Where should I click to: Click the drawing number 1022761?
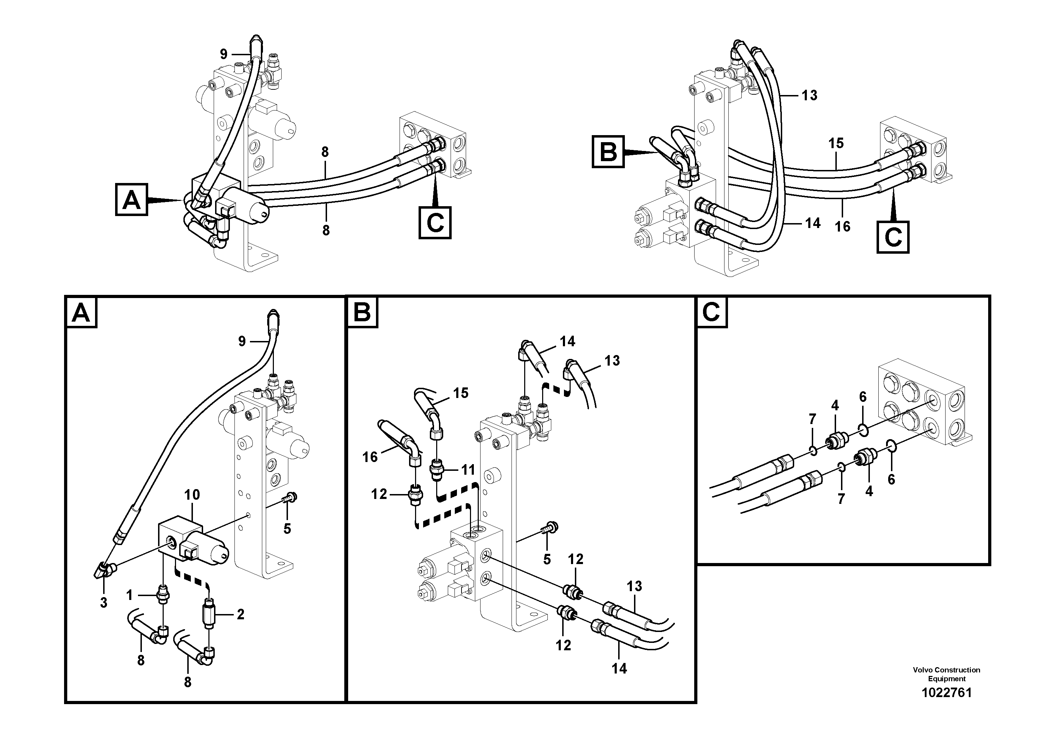click(946, 692)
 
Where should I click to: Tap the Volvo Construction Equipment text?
click(946, 674)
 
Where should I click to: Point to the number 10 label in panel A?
click(192, 494)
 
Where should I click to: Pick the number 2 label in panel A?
click(240, 614)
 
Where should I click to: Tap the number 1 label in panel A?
click(130, 595)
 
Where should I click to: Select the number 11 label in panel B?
click(468, 469)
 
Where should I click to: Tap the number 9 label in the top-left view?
click(223, 54)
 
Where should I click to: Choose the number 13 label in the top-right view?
click(809, 95)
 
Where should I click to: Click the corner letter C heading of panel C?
click(711, 312)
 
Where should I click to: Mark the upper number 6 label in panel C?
click(863, 397)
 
